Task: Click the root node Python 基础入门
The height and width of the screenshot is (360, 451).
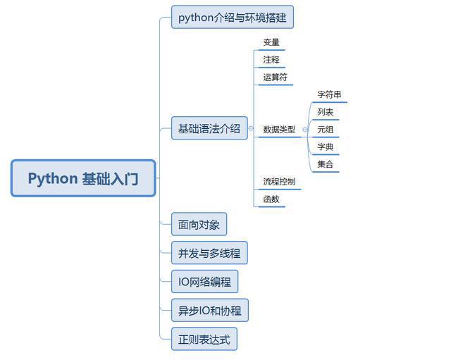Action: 83,178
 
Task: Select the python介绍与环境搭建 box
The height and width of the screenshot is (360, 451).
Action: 232,17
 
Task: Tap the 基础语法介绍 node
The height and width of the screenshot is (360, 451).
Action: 209,128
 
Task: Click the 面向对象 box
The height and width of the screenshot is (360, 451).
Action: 199,225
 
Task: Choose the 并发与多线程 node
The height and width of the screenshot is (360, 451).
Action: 209,254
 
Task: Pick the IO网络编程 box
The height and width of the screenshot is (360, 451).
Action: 204,282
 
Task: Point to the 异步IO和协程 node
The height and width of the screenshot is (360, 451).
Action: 209,311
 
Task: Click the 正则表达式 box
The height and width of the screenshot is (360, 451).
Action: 204,340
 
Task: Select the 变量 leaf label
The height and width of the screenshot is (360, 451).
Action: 271,42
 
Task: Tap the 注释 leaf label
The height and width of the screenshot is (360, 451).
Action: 271,60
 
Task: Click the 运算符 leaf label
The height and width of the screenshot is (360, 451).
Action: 275,77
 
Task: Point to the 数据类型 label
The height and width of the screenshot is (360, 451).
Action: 279,130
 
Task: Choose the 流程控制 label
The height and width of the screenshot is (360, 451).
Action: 279,182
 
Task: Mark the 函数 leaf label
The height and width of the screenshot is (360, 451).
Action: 271,199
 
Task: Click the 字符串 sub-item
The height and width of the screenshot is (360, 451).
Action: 329,94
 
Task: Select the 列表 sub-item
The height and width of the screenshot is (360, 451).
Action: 325,112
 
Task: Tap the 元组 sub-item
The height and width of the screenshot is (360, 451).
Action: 325,130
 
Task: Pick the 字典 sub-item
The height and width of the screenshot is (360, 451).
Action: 325,147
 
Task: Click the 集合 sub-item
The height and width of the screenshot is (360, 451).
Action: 325,165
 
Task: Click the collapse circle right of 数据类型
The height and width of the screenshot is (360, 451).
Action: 304,130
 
